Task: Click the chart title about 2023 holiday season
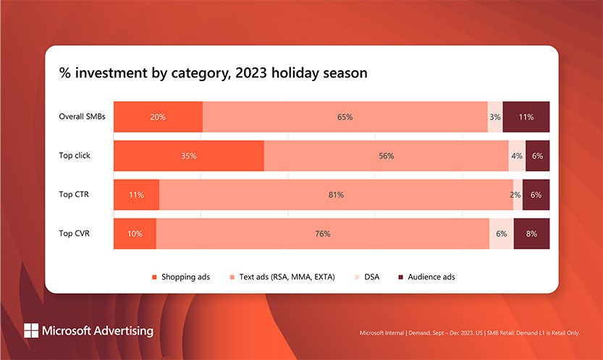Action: pyautogui.click(x=214, y=74)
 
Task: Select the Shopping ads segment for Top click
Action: pyautogui.click(x=189, y=156)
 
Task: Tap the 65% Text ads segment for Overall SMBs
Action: pyautogui.click(x=345, y=117)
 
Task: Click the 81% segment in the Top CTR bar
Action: pyautogui.click(x=336, y=195)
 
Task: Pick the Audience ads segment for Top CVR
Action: pyautogui.click(x=531, y=234)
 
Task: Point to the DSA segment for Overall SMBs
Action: pyautogui.click(x=495, y=117)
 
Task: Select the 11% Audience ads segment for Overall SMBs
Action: pyautogui.click(x=526, y=117)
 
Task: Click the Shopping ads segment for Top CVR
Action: pyautogui.click(x=135, y=234)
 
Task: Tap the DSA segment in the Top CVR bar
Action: pyautogui.click(x=502, y=234)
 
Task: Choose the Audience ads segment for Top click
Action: pyautogui.click(x=537, y=156)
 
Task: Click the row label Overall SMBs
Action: pyautogui.click(x=83, y=117)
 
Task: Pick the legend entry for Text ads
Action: pyautogui.click(x=283, y=277)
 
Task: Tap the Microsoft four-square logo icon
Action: pyautogui.click(x=31, y=330)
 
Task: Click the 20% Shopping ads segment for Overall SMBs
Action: pyautogui.click(x=158, y=117)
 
